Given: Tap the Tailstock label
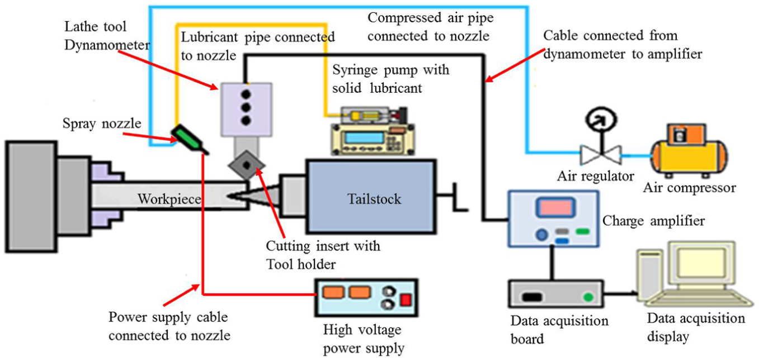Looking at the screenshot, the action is click(374, 199).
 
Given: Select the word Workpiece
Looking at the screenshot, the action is click(169, 199).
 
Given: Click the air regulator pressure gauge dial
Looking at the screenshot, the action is click(601, 119).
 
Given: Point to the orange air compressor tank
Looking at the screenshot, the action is click(689, 156).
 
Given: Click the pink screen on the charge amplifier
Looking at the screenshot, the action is click(556, 207).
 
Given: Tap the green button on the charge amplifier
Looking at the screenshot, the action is click(582, 231).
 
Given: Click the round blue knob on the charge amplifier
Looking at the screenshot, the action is click(542, 234).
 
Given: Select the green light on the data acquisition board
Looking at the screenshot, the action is click(588, 297).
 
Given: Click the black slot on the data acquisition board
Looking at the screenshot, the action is click(532, 297).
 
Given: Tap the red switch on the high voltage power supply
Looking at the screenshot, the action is click(406, 300).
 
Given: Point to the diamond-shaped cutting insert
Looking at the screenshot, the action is click(247, 165).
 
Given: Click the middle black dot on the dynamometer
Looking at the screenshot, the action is click(246, 107).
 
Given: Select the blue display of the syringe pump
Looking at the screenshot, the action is click(364, 138).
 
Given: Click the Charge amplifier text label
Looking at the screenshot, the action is click(654, 221).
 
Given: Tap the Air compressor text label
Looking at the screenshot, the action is click(690, 188).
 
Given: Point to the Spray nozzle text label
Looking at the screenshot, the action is click(102, 124).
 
